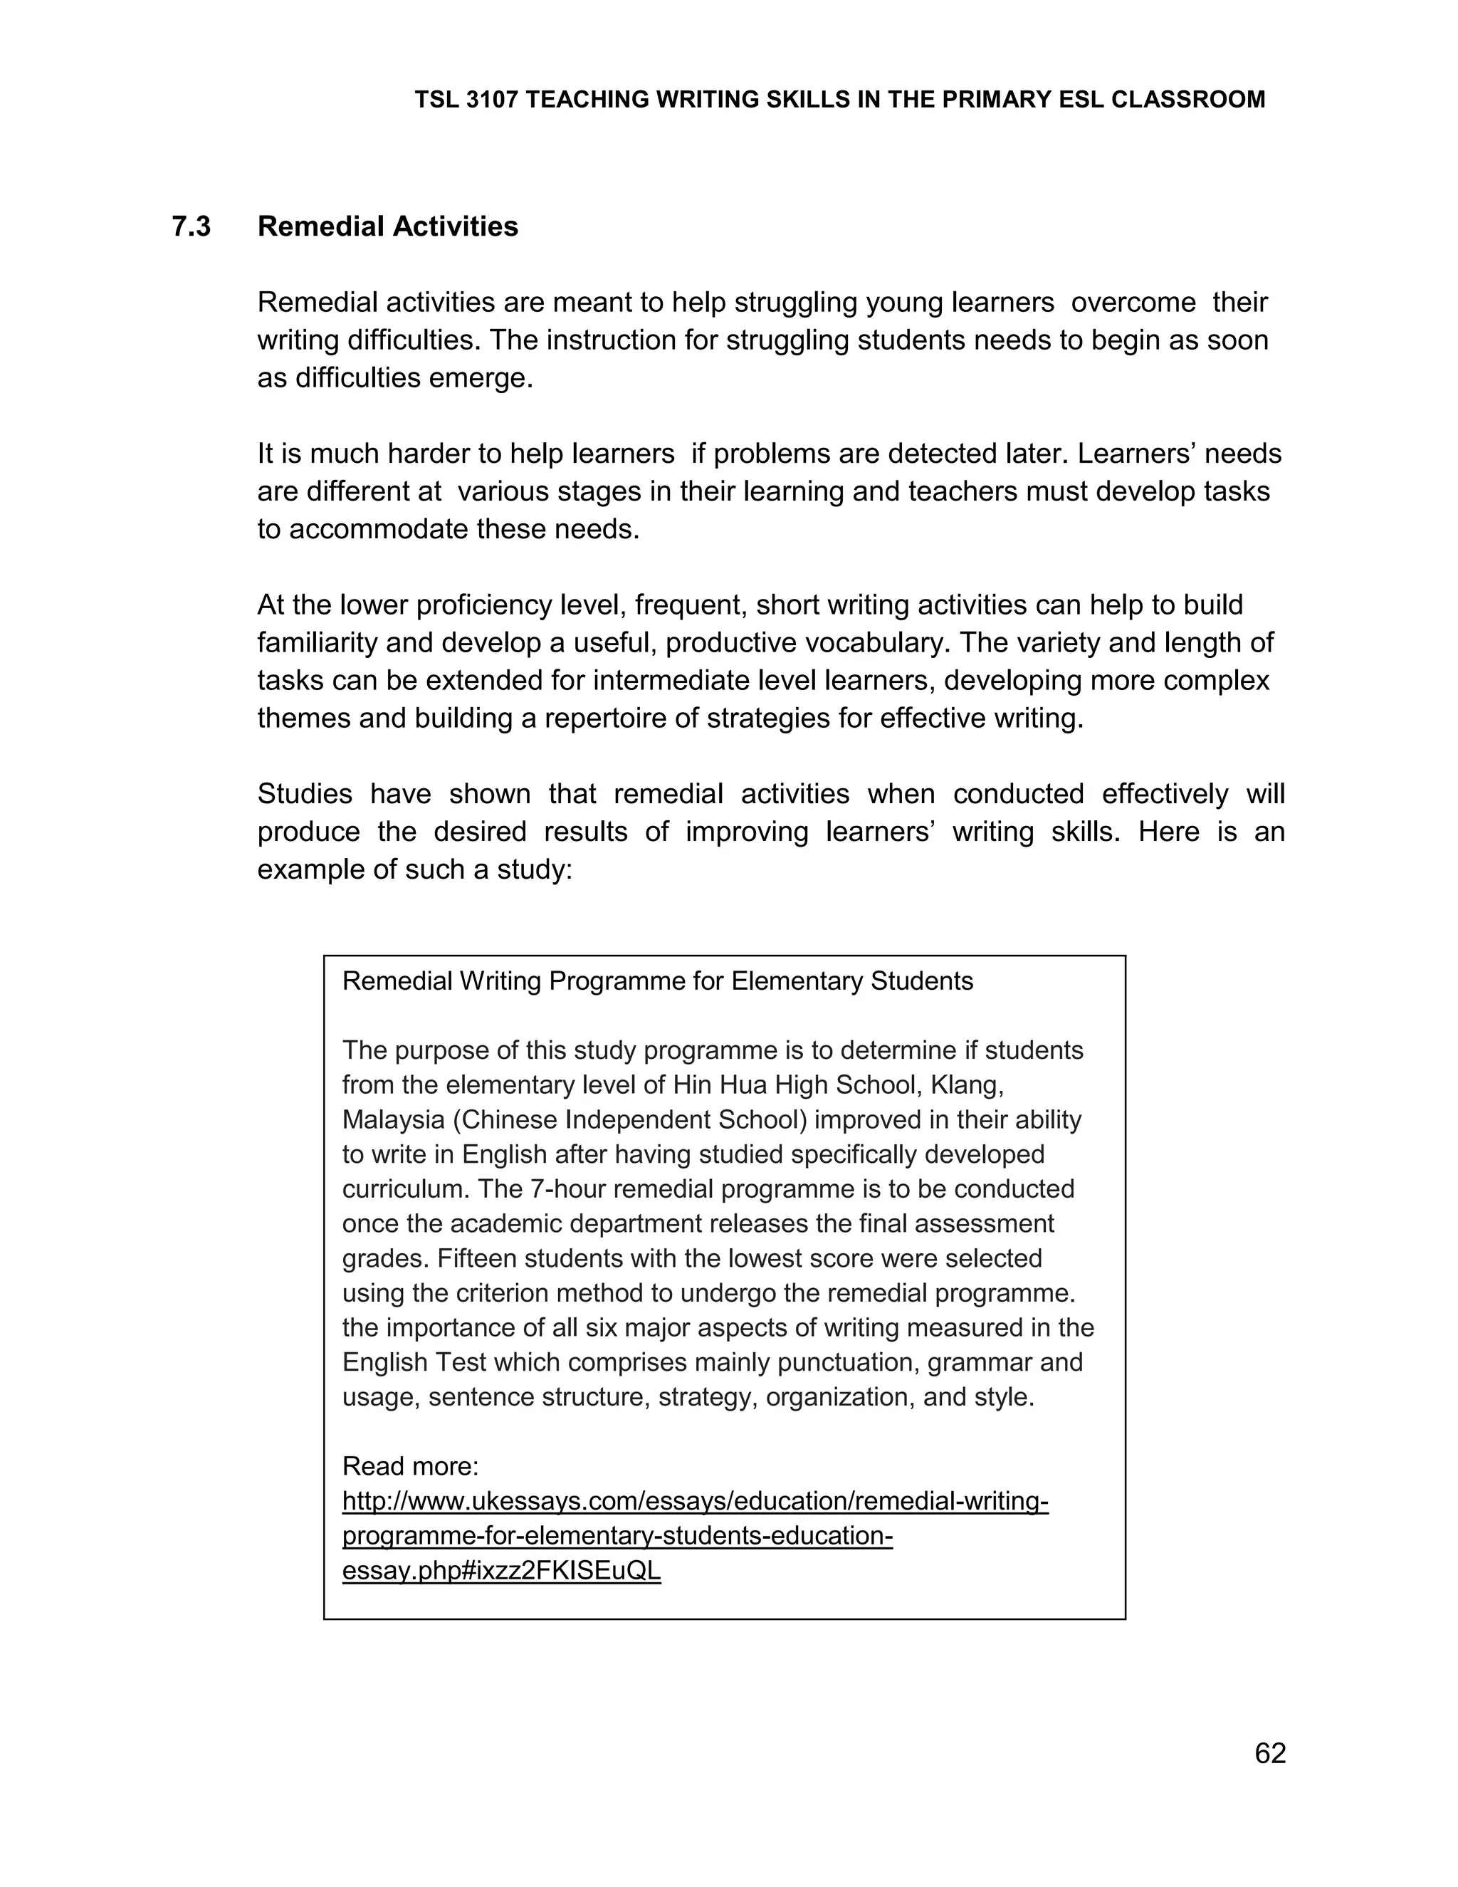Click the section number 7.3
click(191, 226)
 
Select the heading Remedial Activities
click(388, 226)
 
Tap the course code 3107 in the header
click(491, 100)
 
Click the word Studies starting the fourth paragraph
click(303, 793)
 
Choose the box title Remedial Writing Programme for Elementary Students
click(657, 981)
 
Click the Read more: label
click(410, 1466)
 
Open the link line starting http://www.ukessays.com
click(696, 1501)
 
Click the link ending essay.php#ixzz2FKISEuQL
click(501, 1570)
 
